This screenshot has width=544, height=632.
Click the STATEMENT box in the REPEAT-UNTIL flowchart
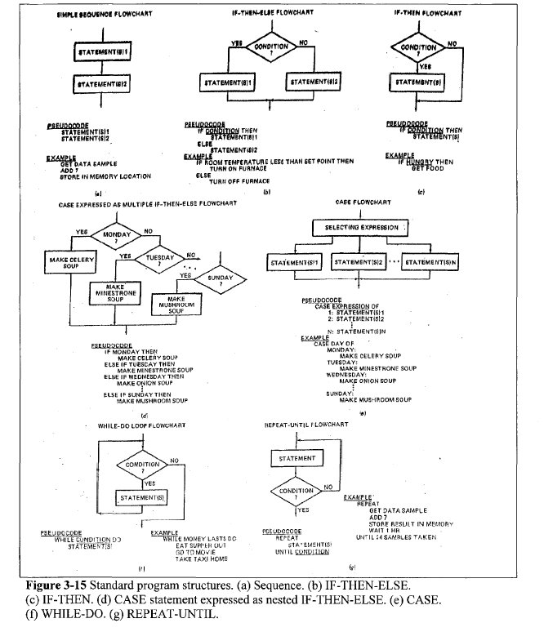[x=298, y=459]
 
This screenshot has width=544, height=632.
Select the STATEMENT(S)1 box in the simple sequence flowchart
[x=102, y=51]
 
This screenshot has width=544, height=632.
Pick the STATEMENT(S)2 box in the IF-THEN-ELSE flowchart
[x=316, y=83]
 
